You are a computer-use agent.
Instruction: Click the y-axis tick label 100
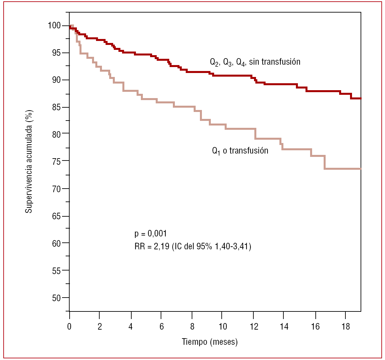point(54,26)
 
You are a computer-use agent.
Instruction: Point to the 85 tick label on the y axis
point(56,107)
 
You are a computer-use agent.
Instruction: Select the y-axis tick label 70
point(56,189)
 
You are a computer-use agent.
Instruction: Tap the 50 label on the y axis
point(56,298)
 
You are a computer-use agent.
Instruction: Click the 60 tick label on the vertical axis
point(56,243)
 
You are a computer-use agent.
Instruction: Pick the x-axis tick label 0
point(69,327)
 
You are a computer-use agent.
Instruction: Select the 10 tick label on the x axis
point(223,327)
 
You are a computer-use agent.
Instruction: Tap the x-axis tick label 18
point(345,327)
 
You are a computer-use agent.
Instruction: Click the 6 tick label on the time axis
point(162,327)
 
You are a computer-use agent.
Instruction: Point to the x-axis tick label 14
point(284,327)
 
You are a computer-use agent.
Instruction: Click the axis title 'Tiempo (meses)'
point(209,342)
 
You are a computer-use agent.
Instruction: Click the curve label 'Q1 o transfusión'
point(240,151)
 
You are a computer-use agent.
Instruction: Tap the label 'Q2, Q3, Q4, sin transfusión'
point(255,62)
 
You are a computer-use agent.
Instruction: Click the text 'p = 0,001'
point(151,234)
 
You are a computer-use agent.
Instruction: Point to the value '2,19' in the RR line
point(162,246)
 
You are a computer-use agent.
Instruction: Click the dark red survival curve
point(231,76)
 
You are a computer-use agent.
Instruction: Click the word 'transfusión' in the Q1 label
point(249,151)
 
